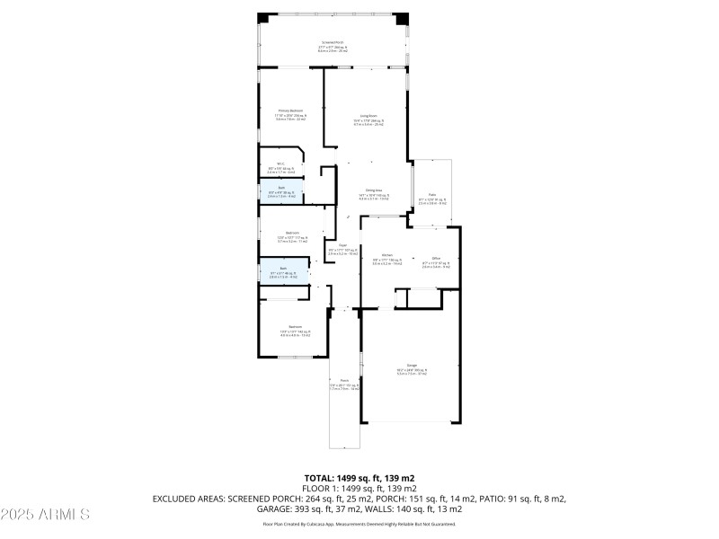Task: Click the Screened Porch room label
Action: point(333,47)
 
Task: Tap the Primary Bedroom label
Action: point(290,115)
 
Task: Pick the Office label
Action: point(435,261)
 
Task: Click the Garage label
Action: point(412,369)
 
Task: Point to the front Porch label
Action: point(343,385)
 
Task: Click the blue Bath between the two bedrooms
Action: point(283,273)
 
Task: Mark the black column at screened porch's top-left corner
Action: point(262,18)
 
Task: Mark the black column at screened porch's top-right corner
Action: point(404,18)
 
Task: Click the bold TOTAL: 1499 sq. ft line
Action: point(359,479)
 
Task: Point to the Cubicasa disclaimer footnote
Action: point(359,524)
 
